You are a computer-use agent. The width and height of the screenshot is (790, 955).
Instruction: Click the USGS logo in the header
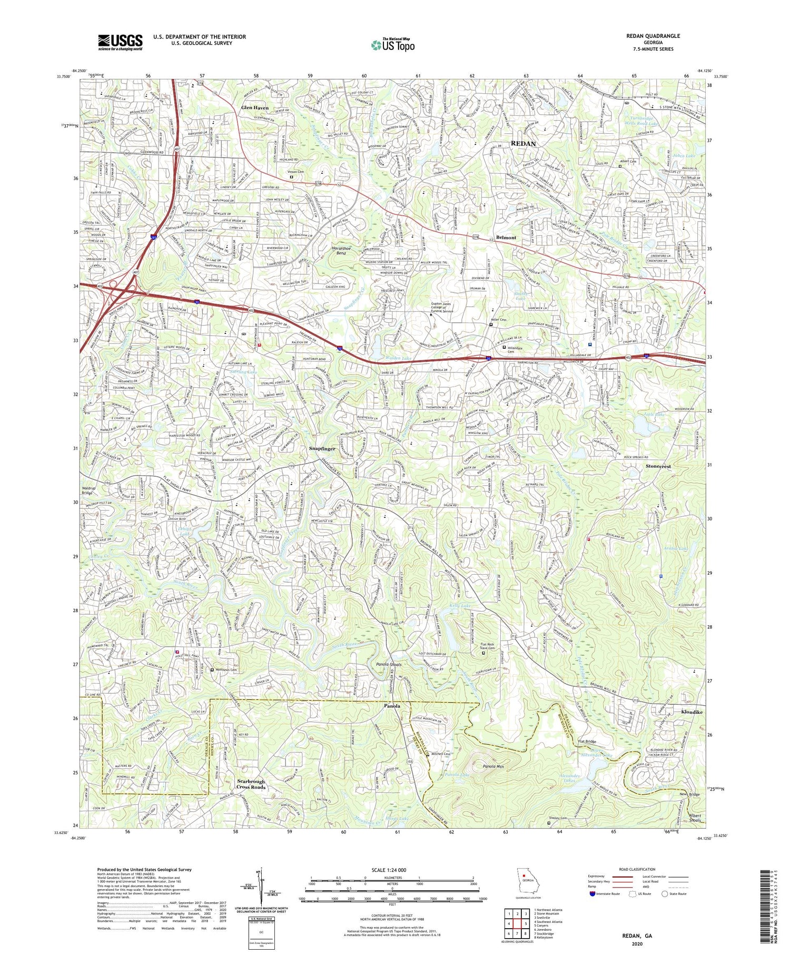coord(120,42)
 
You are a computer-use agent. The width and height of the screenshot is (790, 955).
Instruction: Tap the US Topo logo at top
coord(393,45)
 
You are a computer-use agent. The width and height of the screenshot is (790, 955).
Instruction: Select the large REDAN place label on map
coord(523,143)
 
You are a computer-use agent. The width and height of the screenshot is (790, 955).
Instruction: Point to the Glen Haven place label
coord(254,107)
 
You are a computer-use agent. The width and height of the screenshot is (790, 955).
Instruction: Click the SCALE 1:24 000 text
coord(392,870)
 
